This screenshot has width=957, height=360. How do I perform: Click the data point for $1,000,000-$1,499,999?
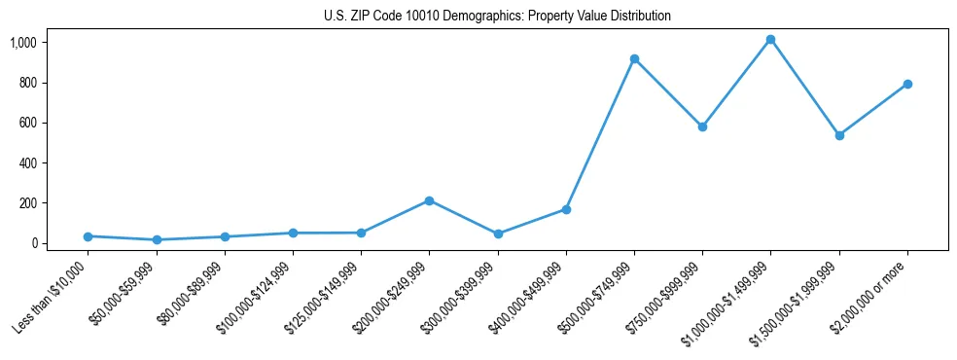[770, 40]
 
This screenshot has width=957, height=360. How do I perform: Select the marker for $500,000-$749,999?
[634, 59]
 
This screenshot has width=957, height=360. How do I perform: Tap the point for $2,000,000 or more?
[906, 85]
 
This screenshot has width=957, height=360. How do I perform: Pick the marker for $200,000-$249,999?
[429, 201]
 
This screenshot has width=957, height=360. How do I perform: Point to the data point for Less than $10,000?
[88, 236]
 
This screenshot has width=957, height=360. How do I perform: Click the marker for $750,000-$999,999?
[702, 126]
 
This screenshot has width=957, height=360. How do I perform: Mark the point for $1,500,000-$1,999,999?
[838, 135]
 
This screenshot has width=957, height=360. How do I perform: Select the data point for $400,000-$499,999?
[566, 209]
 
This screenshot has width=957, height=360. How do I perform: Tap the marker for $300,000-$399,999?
[498, 234]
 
